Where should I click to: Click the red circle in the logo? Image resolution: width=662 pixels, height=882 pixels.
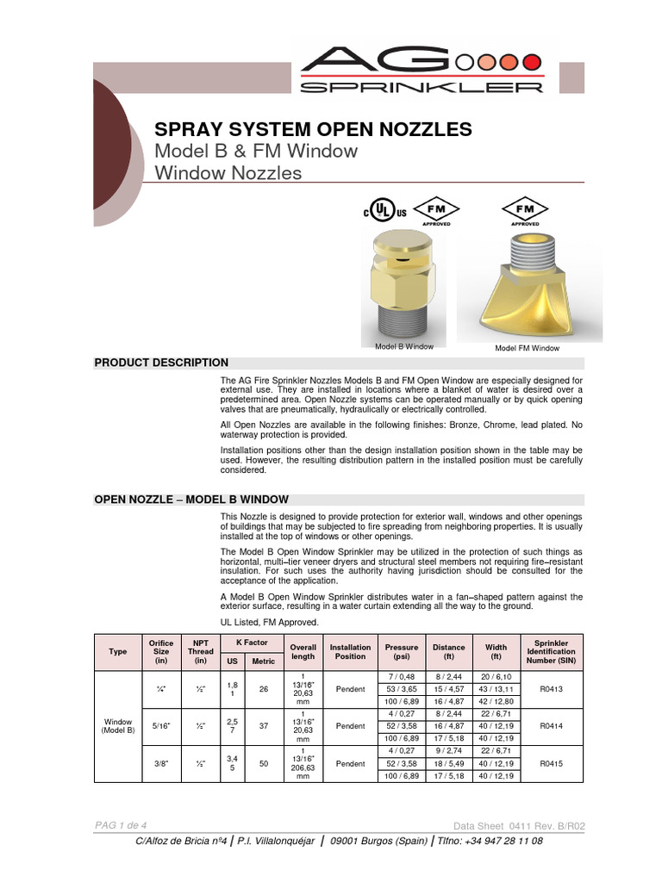pyautogui.click(x=533, y=61)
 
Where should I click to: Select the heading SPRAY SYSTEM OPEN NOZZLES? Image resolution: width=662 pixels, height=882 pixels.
pyautogui.click(x=313, y=129)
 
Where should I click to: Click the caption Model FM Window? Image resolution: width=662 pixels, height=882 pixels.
pyautogui.click(x=526, y=348)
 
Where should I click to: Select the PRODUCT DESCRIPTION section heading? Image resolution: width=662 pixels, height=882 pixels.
pyautogui.click(x=161, y=363)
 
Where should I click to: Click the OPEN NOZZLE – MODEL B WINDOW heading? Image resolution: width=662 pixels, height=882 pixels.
pyautogui.click(x=191, y=500)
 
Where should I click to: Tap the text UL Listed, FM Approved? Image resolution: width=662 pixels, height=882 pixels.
pyautogui.click(x=270, y=622)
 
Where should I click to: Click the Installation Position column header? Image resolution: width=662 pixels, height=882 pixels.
pyautogui.click(x=350, y=652)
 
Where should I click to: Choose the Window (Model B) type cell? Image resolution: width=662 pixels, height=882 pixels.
pyautogui.click(x=119, y=725)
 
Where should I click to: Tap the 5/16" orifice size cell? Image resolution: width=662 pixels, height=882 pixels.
pyautogui.click(x=161, y=726)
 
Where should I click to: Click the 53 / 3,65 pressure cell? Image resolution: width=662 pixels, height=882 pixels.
pyautogui.click(x=402, y=689)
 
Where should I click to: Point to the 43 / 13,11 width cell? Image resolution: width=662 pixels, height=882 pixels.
pyautogui.click(x=496, y=689)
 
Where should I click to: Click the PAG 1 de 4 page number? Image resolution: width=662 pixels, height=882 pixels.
pyautogui.click(x=121, y=825)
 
